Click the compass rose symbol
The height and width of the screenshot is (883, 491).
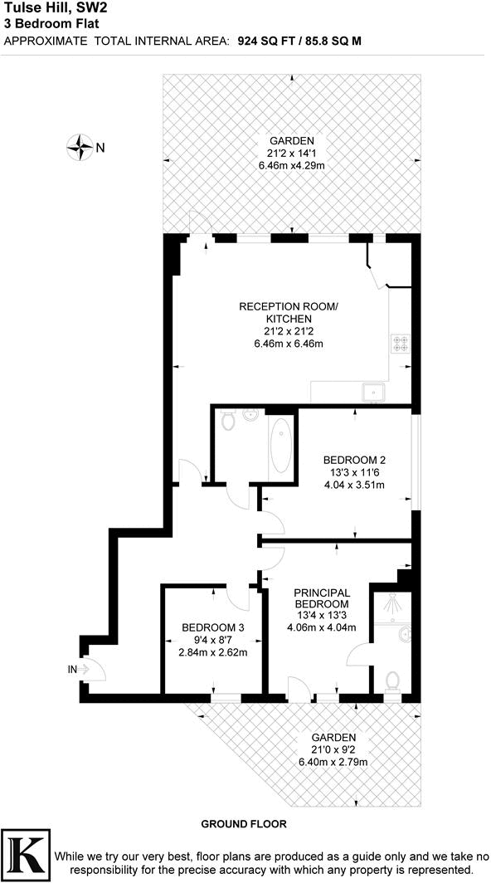click(x=81, y=148)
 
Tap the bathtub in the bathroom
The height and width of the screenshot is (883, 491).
click(x=281, y=446)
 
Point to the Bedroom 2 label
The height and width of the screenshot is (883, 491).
click(x=354, y=461)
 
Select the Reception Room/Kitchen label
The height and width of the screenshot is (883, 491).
click(x=289, y=313)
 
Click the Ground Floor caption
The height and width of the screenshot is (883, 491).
click(x=244, y=824)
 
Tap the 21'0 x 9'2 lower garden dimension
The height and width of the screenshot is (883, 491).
click(x=333, y=749)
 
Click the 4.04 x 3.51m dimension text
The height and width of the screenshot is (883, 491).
click(x=354, y=485)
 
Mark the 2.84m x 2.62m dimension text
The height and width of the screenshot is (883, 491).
click(x=213, y=651)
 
